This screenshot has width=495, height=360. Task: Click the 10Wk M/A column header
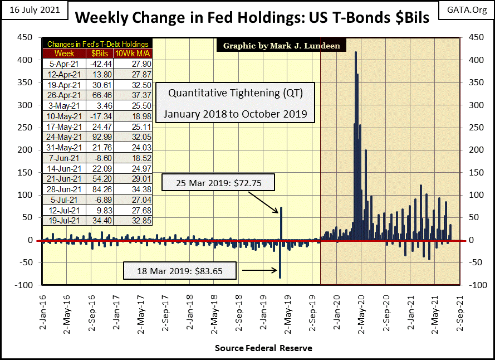[132, 53]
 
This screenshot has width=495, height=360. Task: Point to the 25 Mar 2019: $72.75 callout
[218, 183]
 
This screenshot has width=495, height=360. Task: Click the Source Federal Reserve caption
[263, 348]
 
